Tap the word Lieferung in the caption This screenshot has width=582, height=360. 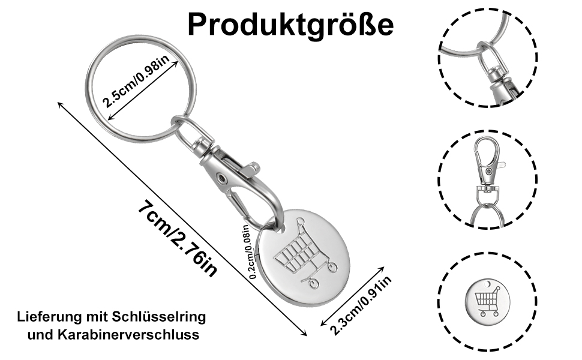click(x=48, y=316)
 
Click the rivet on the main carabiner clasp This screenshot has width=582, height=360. click(x=223, y=178)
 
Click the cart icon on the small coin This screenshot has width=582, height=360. click(x=487, y=302)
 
